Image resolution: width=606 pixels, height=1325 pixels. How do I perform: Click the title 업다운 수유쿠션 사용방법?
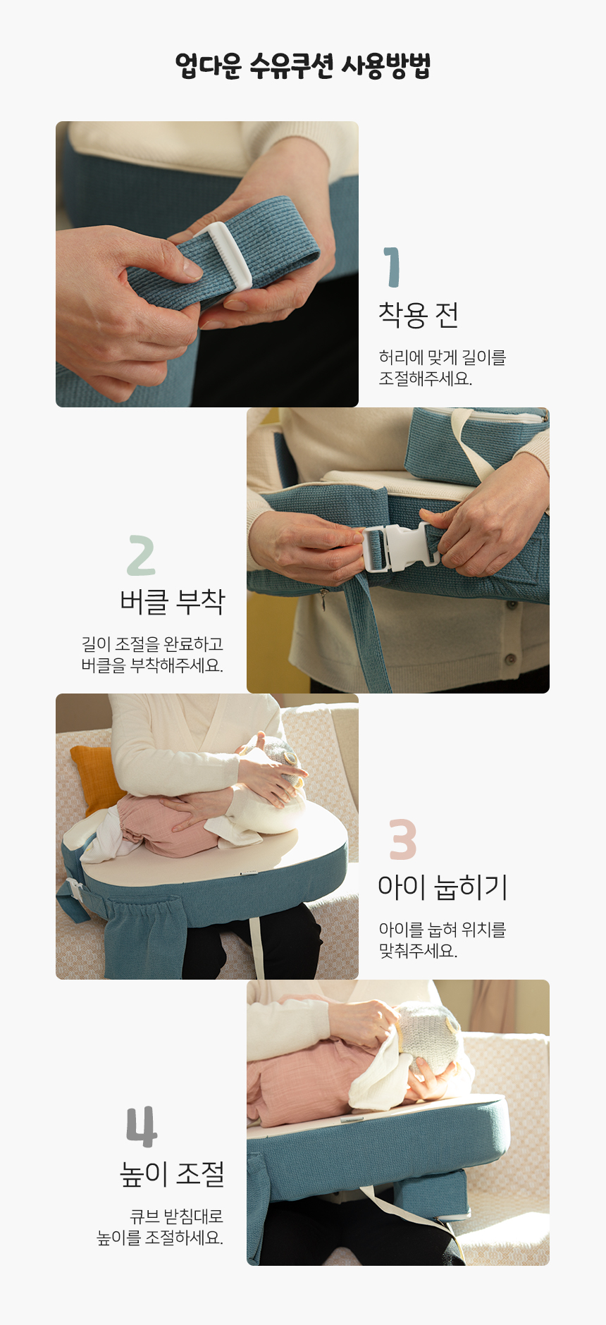click(303, 66)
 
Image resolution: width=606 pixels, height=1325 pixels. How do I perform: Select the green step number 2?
click(141, 555)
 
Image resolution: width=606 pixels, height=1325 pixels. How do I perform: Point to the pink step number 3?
click(403, 839)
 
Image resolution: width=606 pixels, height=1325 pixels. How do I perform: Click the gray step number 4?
click(141, 1126)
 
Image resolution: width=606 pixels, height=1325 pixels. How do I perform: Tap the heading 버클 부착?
click(173, 601)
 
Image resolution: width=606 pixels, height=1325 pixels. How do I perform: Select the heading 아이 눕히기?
click(443, 887)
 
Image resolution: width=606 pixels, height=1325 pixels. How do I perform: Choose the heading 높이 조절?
click(173, 1173)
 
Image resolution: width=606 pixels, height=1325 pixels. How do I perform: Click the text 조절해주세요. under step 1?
click(426, 378)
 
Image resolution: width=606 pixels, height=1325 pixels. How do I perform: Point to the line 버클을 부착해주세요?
click(152, 665)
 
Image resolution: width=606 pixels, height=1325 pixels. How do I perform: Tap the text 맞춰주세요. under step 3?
click(418, 951)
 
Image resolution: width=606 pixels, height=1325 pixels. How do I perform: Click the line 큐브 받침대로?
click(177, 1216)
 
